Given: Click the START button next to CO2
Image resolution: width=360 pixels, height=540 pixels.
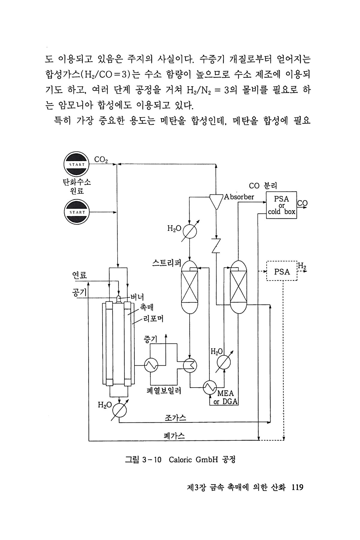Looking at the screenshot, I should tap(77, 164).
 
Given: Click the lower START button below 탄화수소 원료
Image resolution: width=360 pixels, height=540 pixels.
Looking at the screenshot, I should tap(77, 212).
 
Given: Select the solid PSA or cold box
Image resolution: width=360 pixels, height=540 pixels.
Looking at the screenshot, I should tap(281, 205).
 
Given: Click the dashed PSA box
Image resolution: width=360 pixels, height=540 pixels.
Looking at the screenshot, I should tap(282, 271).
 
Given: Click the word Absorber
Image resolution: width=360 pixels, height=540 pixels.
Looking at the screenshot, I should tap(239, 197).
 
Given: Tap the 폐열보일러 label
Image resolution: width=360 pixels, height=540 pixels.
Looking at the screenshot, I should tap(164, 391).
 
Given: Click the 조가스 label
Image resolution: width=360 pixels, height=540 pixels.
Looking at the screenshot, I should tap(175, 418).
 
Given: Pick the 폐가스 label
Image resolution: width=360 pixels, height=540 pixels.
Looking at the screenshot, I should tap(174, 436).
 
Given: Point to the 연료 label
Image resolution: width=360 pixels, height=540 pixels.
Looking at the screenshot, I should tap(79, 275).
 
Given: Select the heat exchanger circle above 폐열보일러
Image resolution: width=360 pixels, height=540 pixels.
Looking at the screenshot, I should tap(151, 365).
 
